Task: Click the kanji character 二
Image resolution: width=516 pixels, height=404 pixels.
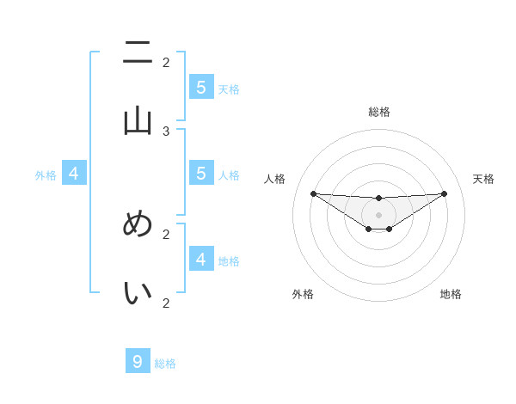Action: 138,53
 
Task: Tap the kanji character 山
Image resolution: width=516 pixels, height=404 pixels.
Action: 138,121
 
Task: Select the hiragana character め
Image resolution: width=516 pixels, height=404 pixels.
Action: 138,224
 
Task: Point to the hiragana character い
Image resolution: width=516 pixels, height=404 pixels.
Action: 138,293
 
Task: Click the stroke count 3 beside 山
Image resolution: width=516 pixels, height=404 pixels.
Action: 166,132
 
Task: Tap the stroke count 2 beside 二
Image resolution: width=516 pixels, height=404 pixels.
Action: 166,62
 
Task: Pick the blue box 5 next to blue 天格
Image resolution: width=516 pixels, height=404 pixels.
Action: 201,88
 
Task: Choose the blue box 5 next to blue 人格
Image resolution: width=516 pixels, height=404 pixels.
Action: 201,174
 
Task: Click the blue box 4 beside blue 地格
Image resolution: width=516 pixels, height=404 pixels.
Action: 201,259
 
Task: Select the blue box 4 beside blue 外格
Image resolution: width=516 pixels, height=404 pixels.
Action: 74,174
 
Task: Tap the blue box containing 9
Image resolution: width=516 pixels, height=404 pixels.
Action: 138,362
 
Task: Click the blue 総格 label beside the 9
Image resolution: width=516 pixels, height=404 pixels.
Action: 165,364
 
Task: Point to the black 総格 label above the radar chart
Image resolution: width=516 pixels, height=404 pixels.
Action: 379,112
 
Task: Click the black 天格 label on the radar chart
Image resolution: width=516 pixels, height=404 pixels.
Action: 483,179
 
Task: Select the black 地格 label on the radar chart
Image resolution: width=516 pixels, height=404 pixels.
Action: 451,294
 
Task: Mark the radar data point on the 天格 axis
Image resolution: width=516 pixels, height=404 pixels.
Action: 444,193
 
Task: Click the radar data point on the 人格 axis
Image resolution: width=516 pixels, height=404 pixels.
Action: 313,193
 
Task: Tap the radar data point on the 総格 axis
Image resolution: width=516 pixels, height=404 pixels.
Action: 378,199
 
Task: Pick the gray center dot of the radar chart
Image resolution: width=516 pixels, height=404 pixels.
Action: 378,215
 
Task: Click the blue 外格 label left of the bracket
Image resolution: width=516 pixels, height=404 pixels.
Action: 46,175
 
